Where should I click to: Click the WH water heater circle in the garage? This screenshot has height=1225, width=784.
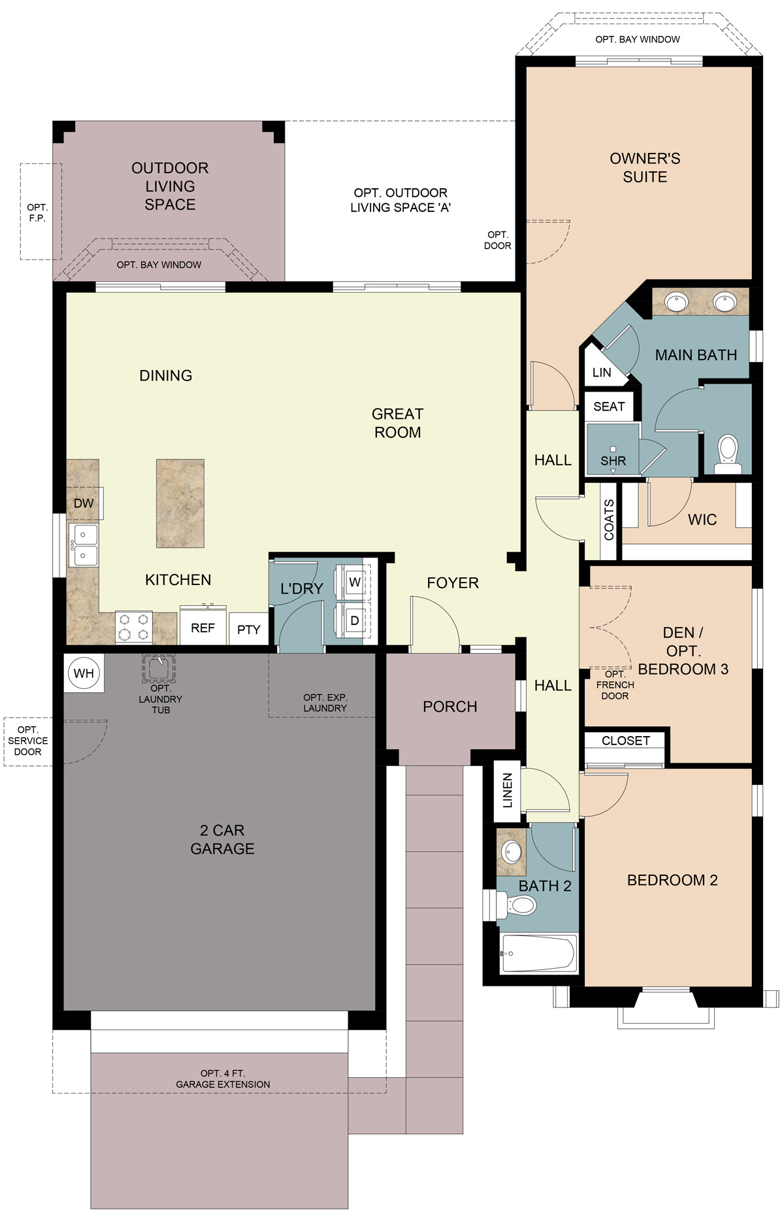pos(84,673)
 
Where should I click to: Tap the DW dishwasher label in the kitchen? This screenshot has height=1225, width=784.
pos(84,503)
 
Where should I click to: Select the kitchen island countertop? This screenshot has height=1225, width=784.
pos(180,503)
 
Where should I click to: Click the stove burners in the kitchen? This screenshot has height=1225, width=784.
pos(134,627)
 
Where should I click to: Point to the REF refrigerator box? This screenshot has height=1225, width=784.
pos(203,628)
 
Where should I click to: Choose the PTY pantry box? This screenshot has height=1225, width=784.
pos(248,629)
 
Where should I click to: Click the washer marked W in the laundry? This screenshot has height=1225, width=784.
pos(355,582)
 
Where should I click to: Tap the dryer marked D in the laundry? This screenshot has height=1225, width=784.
pos(355,620)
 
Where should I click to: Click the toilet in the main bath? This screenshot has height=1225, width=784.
pos(728,453)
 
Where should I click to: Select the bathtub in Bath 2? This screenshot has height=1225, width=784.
pos(538,953)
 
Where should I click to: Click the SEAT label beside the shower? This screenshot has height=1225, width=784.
pos(609,407)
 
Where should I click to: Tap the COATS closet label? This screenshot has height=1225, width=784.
pos(609,520)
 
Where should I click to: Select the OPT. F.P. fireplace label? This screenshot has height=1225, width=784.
pos(37,212)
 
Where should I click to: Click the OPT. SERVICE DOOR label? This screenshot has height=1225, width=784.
pos(27,741)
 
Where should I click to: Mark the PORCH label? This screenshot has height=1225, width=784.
pos(449,707)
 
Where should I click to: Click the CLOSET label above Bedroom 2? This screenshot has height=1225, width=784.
pos(625,741)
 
